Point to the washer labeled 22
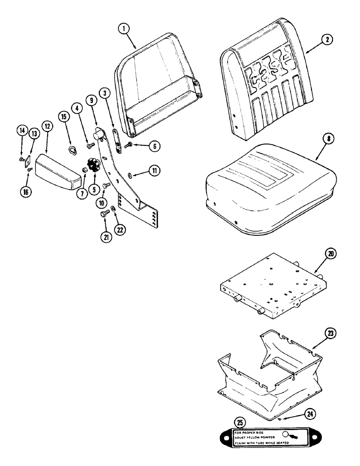[114, 214]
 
